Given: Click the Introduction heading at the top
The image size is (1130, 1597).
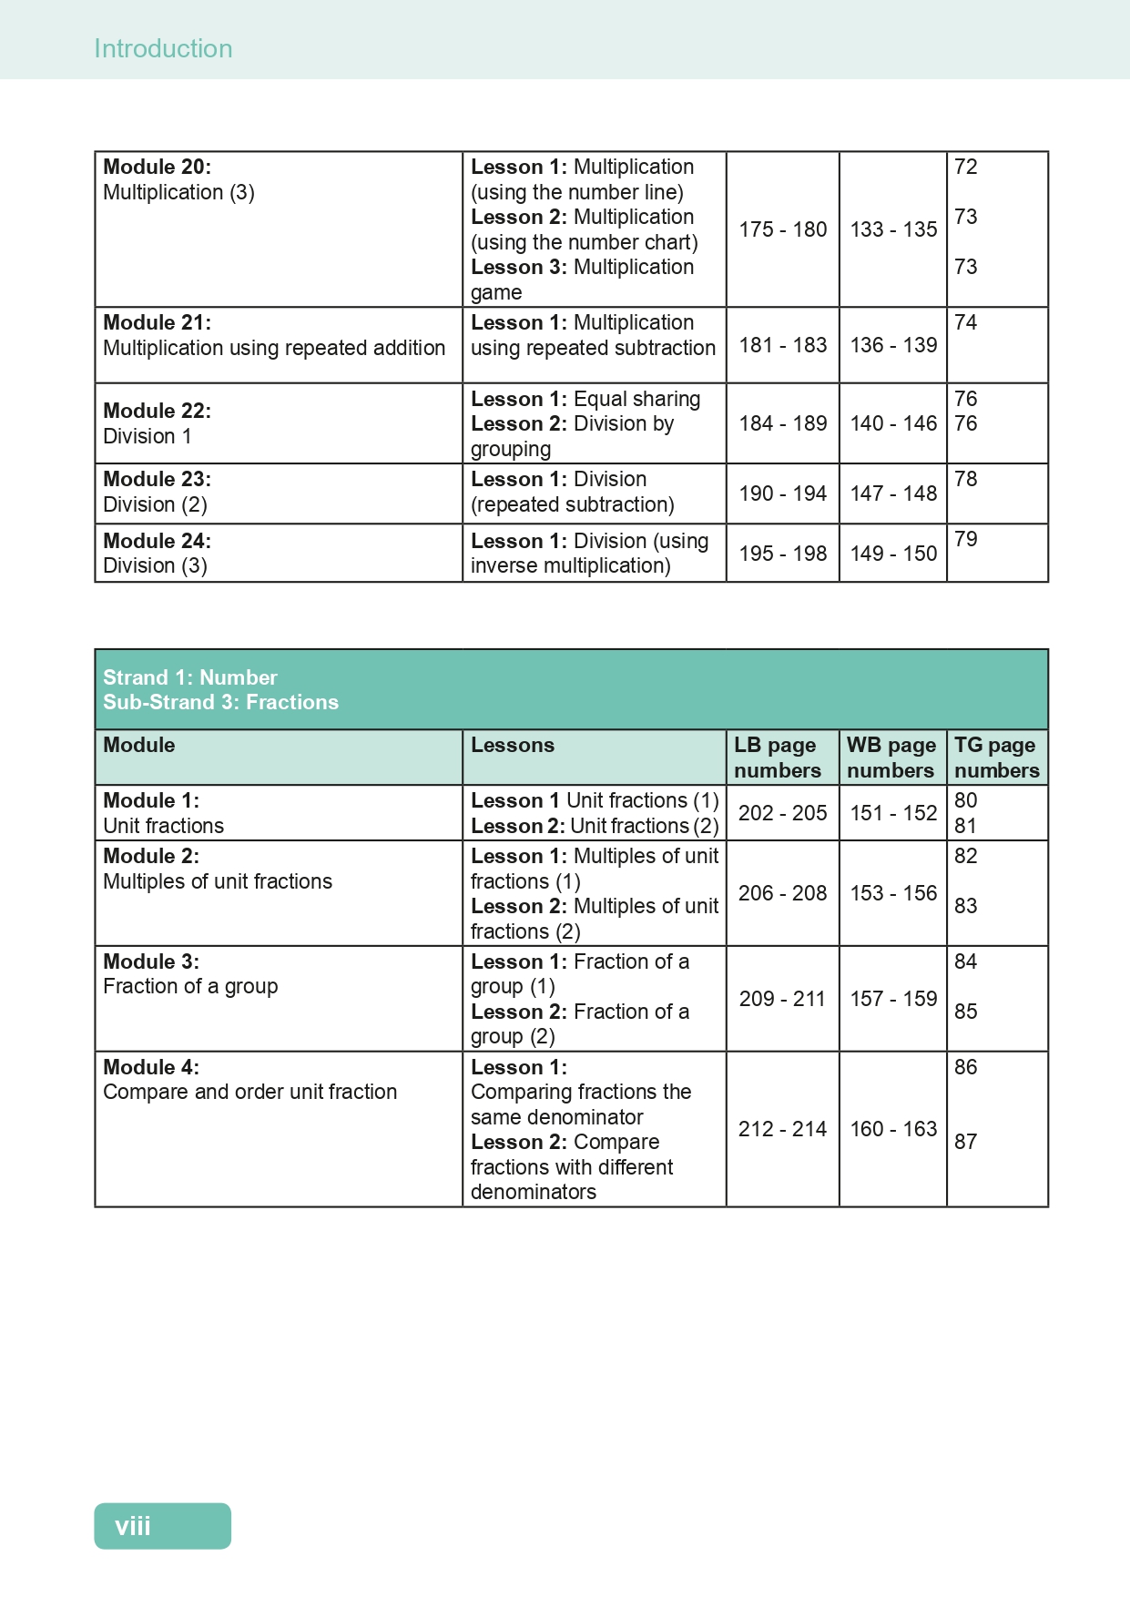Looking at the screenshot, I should [163, 48].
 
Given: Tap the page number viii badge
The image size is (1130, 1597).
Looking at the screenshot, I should [162, 1526].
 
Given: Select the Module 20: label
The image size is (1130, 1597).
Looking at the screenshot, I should [157, 167].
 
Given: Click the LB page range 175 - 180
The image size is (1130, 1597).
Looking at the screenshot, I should [782, 229].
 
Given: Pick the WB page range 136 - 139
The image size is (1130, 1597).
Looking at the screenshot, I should [893, 345].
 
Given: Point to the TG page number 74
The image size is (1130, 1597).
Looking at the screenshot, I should [965, 322].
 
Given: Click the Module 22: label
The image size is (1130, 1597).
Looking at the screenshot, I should [157, 411].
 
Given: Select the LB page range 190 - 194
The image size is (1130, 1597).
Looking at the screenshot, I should [782, 493].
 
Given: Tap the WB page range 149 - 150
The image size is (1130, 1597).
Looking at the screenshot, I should [893, 554].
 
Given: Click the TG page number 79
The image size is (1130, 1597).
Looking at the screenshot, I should [965, 539].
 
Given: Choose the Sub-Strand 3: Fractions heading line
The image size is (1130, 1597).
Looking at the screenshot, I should [220, 702].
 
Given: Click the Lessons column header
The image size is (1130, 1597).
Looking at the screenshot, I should [512, 745].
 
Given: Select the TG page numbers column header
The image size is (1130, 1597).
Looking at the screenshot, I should [996, 758].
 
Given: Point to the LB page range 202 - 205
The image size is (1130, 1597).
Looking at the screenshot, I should [782, 813].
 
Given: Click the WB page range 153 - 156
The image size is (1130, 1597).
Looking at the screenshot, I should [893, 893].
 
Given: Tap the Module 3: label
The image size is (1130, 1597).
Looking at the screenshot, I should [151, 961].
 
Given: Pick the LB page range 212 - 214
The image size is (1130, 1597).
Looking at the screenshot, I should [782, 1129].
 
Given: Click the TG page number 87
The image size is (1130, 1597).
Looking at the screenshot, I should [965, 1142].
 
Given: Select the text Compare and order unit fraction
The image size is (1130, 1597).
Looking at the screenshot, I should [249, 1092].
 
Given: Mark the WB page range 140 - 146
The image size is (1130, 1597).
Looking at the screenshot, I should [893, 423].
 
